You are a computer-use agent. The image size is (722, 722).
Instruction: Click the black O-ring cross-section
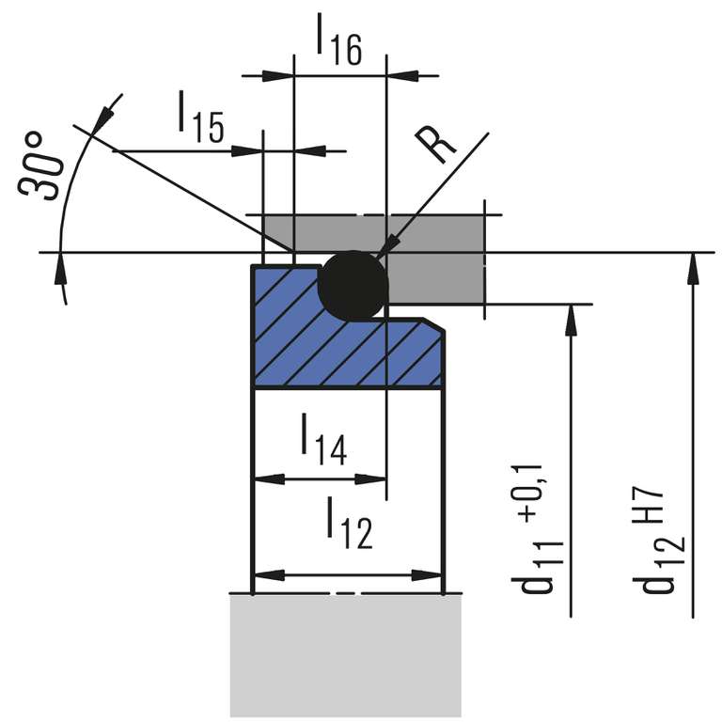point(353,285)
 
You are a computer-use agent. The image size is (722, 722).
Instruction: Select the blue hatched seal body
point(348,353)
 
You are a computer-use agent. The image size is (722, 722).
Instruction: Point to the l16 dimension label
point(338,41)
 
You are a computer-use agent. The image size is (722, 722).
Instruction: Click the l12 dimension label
point(349,523)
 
